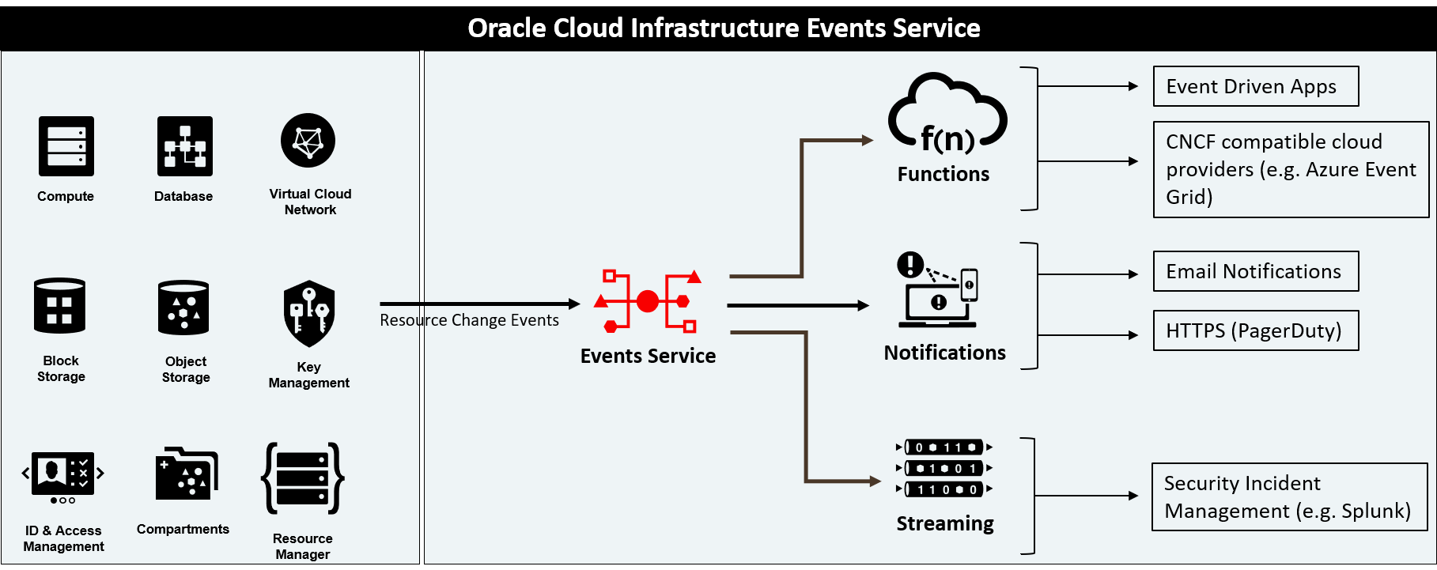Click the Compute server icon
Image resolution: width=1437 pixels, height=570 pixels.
[x=66, y=146]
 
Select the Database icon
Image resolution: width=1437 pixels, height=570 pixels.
[x=185, y=146]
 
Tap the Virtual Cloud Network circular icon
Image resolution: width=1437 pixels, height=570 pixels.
[x=308, y=141]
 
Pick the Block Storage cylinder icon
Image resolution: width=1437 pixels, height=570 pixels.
[x=60, y=305]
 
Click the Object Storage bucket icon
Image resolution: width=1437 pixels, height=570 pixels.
[x=183, y=307]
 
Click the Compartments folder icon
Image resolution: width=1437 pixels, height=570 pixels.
[x=187, y=474]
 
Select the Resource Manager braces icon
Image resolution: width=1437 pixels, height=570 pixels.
[x=303, y=478]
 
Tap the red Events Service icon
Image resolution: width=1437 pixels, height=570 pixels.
[x=648, y=301]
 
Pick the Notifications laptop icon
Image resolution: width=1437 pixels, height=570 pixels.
[x=938, y=289]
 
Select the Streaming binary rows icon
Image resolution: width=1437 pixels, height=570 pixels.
[x=944, y=468]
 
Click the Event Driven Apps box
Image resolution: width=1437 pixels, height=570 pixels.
[x=1256, y=86]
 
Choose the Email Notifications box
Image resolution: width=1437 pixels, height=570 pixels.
[x=1256, y=271]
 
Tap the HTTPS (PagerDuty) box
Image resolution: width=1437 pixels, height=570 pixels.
[x=1256, y=330]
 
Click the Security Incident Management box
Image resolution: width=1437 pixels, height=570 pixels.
[x=1289, y=496]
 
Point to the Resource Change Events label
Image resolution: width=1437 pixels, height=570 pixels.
[x=469, y=320]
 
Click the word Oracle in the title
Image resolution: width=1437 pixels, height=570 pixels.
[x=506, y=28]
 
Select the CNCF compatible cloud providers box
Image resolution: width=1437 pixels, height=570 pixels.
[x=1291, y=169]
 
